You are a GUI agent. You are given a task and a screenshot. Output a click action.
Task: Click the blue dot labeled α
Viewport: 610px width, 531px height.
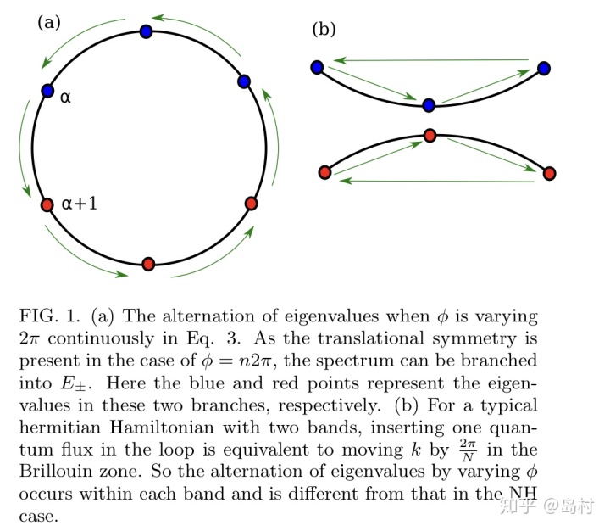click(47, 90)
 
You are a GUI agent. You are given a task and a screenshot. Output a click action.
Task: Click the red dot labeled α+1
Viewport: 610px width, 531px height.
click(47, 204)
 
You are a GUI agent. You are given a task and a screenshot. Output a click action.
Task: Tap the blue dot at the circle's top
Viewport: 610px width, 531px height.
click(146, 31)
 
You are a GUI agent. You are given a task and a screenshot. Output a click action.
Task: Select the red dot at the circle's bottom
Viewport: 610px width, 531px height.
click(148, 264)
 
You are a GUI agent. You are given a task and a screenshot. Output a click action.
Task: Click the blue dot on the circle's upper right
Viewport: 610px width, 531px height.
click(244, 81)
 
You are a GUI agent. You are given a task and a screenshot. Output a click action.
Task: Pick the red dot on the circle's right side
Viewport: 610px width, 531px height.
click(250, 204)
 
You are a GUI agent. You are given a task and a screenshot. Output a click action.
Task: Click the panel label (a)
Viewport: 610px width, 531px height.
click(48, 23)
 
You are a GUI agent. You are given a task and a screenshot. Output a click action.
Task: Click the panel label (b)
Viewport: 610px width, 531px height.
click(324, 30)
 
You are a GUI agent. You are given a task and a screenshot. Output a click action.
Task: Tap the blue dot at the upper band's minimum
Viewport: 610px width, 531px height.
click(429, 105)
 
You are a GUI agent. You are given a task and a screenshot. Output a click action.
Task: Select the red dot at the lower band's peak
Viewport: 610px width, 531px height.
click(430, 136)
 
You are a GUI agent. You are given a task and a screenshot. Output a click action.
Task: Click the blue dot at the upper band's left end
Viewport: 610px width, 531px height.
click(317, 67)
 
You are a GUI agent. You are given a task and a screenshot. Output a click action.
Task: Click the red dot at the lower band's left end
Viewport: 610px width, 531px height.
click(324, 173)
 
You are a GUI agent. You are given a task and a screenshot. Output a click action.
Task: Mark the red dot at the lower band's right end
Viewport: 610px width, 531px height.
click(549, 173)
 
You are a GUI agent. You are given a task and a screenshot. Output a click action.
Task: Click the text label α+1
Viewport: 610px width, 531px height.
click(81, 204)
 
